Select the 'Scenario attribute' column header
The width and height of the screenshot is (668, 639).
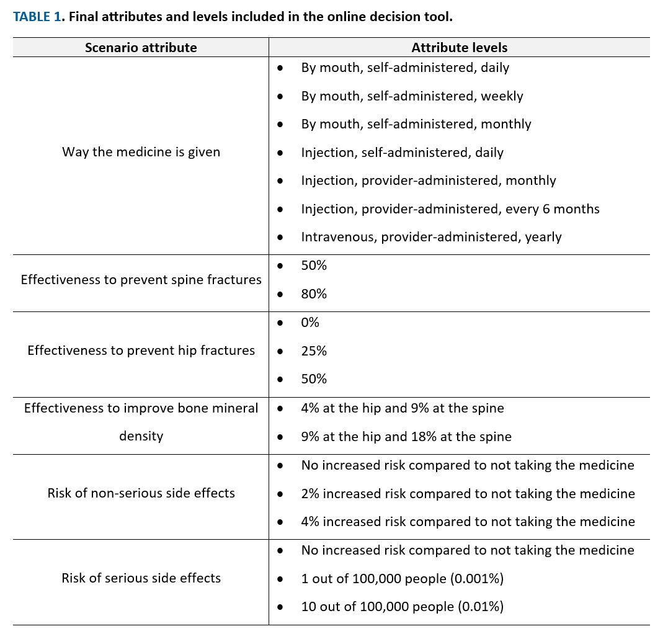pos(141,48)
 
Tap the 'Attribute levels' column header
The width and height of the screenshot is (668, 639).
pos(459,48)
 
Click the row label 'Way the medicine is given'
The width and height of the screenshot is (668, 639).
pos(141,152)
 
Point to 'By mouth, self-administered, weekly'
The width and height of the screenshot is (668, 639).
pos(412,96)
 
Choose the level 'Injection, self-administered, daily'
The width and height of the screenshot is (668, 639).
pos(402,153)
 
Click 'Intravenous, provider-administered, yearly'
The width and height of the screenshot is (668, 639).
pos(431,237)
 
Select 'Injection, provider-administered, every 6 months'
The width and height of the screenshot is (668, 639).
pos(450,209)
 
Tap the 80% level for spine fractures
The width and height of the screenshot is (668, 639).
pos(314,294)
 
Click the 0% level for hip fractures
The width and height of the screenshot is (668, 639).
pos(310,323)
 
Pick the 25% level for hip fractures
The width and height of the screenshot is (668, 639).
pos(314,351)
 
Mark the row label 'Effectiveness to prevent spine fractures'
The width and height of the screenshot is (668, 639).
pos(141,280)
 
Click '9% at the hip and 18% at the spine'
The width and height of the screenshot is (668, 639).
pos(406,437)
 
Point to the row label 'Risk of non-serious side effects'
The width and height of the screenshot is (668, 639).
pos(141,493)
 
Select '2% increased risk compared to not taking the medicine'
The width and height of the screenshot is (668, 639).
pos(468,494)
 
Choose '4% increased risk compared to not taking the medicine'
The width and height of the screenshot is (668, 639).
pos(468,522)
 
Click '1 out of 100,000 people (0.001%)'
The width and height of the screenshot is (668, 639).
pos(402,579)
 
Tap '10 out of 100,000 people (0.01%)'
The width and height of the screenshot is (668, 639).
pos(402,607)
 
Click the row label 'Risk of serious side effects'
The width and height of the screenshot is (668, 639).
pos(141,578)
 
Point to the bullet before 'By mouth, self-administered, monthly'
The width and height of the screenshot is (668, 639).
pos(280,125)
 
